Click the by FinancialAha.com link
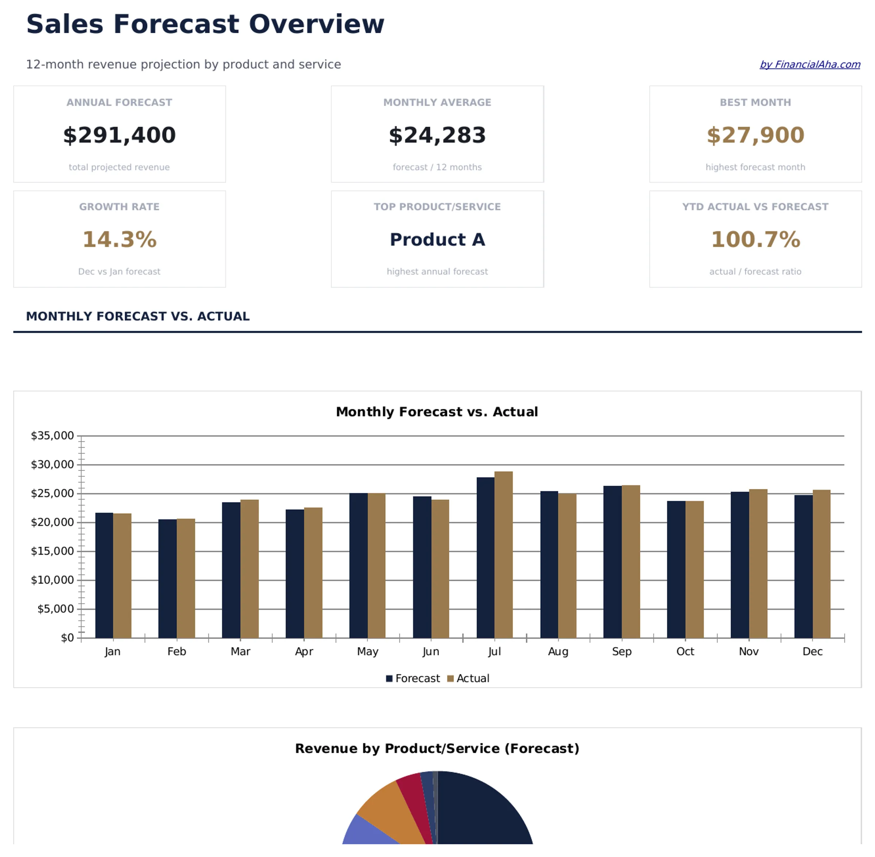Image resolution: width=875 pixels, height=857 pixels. pyautogui.click(x=809, y=65)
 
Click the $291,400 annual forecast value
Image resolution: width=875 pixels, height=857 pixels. pyautogui.click(x=119, y=135)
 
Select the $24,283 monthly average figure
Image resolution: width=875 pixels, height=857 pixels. pyautogui.click(x=437, y=135)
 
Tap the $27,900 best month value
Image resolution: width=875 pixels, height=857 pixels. pyautogui.click(x=755, y=135)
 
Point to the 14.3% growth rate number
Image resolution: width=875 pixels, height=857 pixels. pyautogui.click(x=119, y=239)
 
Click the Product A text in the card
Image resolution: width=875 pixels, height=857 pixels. pyautogui.click(x=437, y=239)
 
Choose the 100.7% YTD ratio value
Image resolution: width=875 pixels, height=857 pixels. pyautogui.click(x=755, y=239)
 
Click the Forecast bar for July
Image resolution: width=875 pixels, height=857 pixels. pyautogui.click(x=485, y=558)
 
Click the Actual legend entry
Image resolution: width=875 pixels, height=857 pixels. pyautogui.click(x=468, y=678)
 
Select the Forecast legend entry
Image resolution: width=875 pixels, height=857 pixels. pyautogui.click(x=413, y=678)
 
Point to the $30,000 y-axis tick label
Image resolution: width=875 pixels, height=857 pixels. pyautogui.click(x=52, y=464)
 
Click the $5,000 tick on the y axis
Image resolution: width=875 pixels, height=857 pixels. pyautogui.click(x=55, y=609)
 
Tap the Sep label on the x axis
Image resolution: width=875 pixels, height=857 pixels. pyautogui.click(x=622, y=651)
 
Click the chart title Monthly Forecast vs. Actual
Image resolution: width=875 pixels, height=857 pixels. pyautogui.click(x=437, y=412)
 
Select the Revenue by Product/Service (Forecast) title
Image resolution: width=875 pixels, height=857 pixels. pyautogui.click(x=437, y=748)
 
